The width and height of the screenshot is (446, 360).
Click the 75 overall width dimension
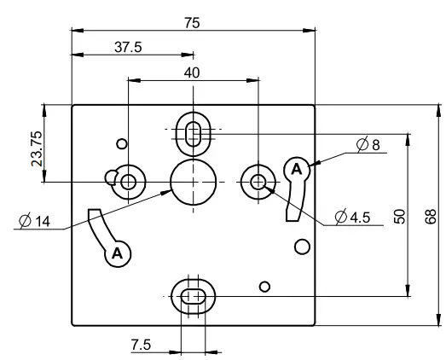coord(192,23)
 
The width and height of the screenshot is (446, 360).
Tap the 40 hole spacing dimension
coord(192,73)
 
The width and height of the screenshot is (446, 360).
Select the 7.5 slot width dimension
coord(142,344)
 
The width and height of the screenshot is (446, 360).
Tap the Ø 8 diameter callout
coord(369,146)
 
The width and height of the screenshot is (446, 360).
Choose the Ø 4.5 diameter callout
coord(352,217)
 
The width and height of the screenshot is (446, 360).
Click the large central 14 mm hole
coord(194,182)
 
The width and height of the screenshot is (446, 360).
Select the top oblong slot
coord(194,131)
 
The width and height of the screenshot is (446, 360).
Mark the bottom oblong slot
coord(194,295)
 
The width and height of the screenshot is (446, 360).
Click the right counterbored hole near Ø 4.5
coord(258,181)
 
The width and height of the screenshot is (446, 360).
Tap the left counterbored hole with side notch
coord(128,181)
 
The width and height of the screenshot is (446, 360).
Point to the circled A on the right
coord(296,169)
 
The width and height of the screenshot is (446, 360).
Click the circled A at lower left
coord(117,253)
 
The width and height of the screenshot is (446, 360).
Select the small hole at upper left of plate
coord(122,143)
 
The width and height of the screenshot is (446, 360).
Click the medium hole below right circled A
coord(301,247)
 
